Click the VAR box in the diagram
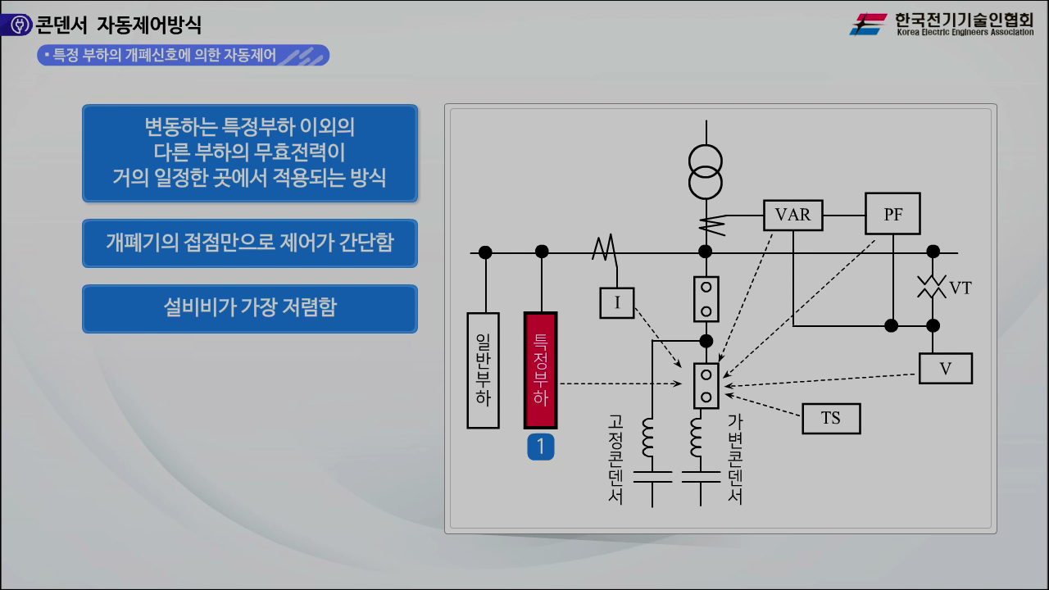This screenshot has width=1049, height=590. tap(792, 215)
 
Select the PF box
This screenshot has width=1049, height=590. tap(892, 214)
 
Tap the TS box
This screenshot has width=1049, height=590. tap(831, 418)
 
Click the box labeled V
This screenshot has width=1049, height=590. tap(945, 369)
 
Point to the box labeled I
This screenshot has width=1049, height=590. tap(617, 303)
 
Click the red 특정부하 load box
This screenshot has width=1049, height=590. tap(540, 370)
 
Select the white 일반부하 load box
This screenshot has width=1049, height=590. tap(483, 370)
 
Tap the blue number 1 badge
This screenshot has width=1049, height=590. tap(540, 447)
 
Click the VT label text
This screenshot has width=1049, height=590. tap(960, 288)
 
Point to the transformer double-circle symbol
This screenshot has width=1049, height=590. tap(705, 171)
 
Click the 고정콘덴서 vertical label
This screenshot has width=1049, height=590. tap(615, 459)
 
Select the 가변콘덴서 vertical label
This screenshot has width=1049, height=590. tap(734, 459)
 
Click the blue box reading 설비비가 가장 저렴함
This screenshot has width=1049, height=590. tap(249, 308)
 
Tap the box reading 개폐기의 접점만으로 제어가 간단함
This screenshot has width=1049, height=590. tap(249, 243)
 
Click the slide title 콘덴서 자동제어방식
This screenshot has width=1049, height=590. tap(119, 25)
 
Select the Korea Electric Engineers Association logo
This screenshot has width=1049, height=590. tap(942, 24)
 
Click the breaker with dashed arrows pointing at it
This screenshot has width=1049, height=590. tap(706, 385)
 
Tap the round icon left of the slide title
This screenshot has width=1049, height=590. tap(16, 25)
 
